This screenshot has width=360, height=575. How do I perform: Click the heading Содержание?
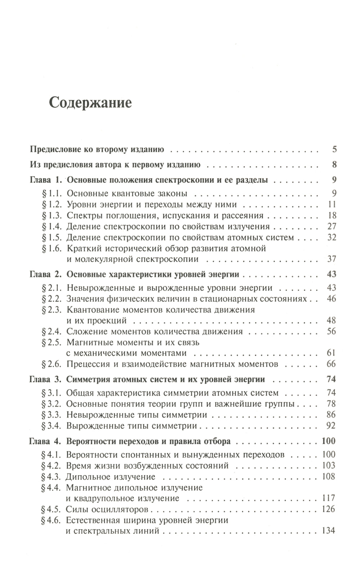90,103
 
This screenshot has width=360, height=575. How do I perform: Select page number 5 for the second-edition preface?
334,149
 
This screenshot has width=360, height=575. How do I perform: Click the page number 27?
332,226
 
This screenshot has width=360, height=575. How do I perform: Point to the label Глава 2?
46,274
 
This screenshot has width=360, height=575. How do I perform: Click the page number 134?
328,530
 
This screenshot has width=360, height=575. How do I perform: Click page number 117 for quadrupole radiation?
328,498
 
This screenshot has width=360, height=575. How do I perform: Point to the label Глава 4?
45,441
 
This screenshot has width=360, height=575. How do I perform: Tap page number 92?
331,426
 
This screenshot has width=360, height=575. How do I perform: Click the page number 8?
334,165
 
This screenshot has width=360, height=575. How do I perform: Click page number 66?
331,364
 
